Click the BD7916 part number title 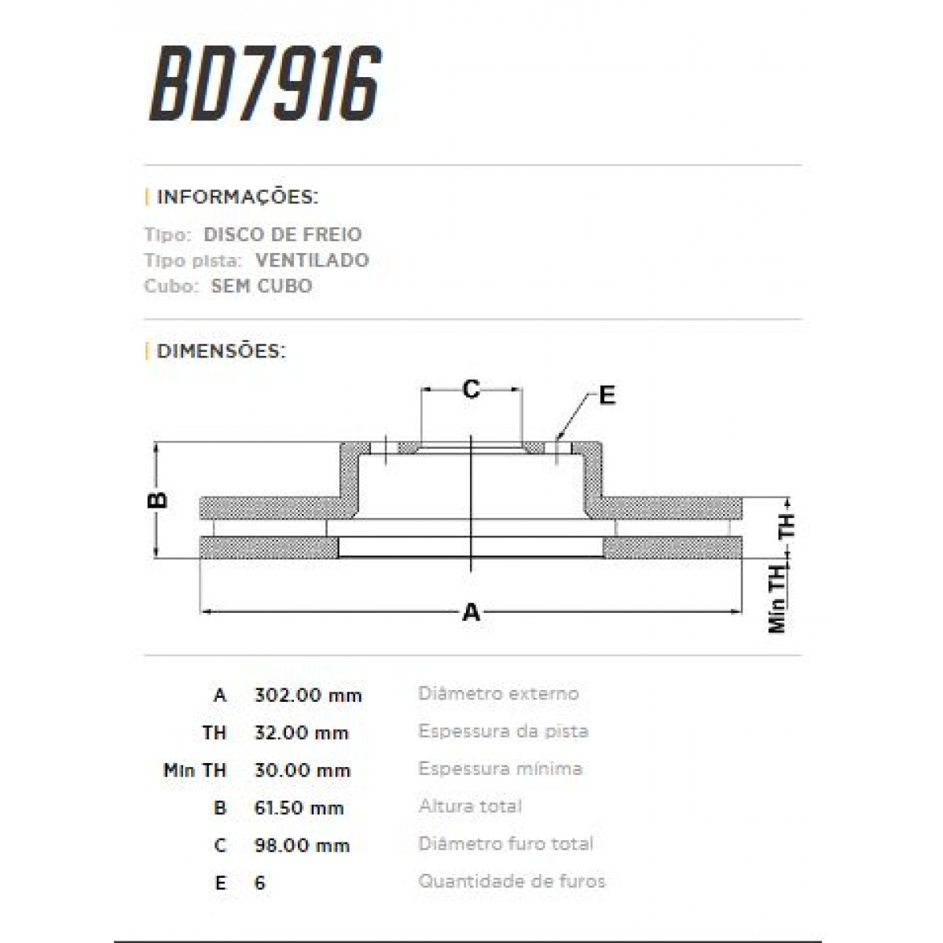pyautogui.click(x=265, y=84)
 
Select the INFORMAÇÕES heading pyautogui.click(x=237, y=196)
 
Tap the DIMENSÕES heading pyautogui.click(x=221, y=350)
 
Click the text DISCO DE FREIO pyautogui.click(x=282, y=234)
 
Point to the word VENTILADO pyautogui.click(x=312, y=260)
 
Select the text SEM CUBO pyautogui.click(x=261, y=286)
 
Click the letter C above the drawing pyautogui.click(x=471, y=388)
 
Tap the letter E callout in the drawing pyautogui.click(x=607, y=395)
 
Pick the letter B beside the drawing pyautogui.click(x=159, y=500)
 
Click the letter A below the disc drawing pyautogui.click(x=471, y=611)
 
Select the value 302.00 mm pyautogui.click(x=308, y=695)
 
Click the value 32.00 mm pyautogui.click(x=301, y=733)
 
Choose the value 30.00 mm pyautogui.click(x=302, y=771)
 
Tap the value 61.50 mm pyautogui.click(x=299, y=808)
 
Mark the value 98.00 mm pyautogui.click(x=302, y=846)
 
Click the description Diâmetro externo pyautogui.click(x=498, y=694)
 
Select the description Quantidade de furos pyautogui.click(x=512, y=882)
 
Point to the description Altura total pyautogui.click(x=470, y=806)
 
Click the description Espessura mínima pyautogui.click(x=500, y=769)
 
